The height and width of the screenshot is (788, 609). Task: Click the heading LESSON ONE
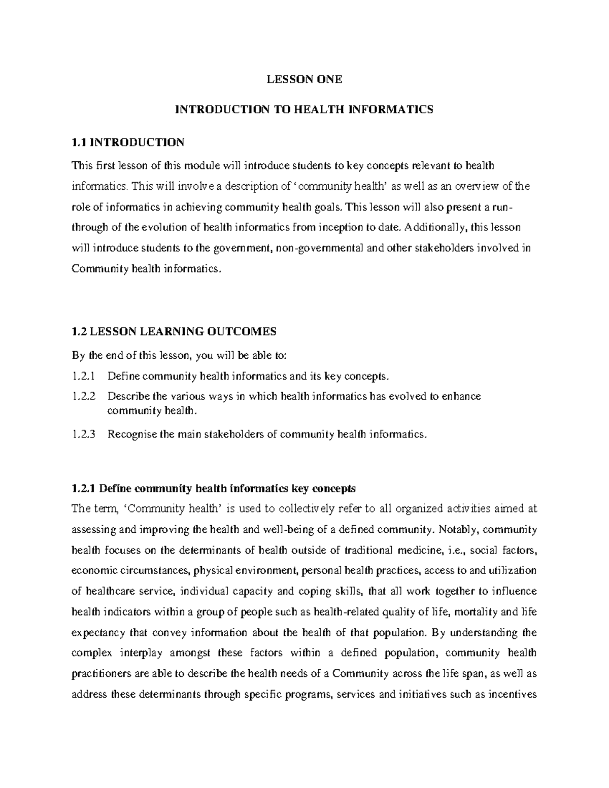pyautogui.click(x=304, y=79)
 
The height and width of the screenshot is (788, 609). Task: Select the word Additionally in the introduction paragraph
pyautogui.click(x=437, y=227)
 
